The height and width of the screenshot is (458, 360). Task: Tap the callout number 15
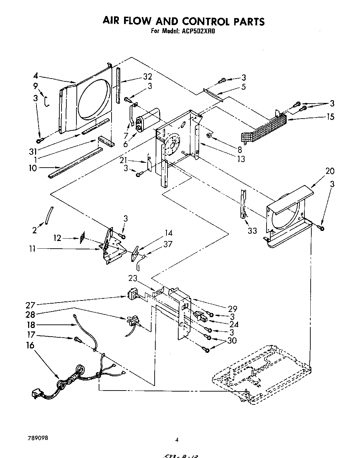point(330,116)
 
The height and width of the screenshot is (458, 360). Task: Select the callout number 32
point(147,77)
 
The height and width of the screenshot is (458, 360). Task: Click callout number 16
point(30,345)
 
